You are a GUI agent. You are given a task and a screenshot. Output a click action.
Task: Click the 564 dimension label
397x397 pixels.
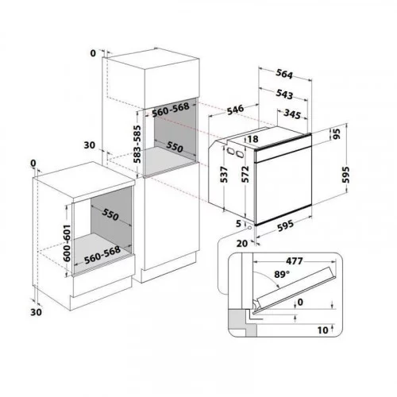pos(284,74)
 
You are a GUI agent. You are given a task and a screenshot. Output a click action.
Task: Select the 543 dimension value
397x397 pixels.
pos(284,94)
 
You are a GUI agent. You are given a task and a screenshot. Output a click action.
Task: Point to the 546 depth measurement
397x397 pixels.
pos(236,110)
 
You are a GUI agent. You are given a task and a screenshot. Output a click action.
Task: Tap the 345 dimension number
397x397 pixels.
pos(292,114)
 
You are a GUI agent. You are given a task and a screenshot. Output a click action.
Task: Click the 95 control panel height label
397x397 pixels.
pos(336,134)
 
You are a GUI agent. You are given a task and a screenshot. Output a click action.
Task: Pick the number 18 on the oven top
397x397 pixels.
pos(253,139)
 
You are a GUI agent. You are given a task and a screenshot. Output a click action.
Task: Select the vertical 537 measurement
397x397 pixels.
pos(224,175)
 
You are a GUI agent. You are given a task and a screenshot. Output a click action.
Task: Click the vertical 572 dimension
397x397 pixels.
pos(245,174)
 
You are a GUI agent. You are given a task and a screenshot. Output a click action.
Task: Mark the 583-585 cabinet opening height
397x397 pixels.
pos(137,144)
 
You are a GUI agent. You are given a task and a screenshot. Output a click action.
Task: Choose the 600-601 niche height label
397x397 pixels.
pos(67,243)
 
